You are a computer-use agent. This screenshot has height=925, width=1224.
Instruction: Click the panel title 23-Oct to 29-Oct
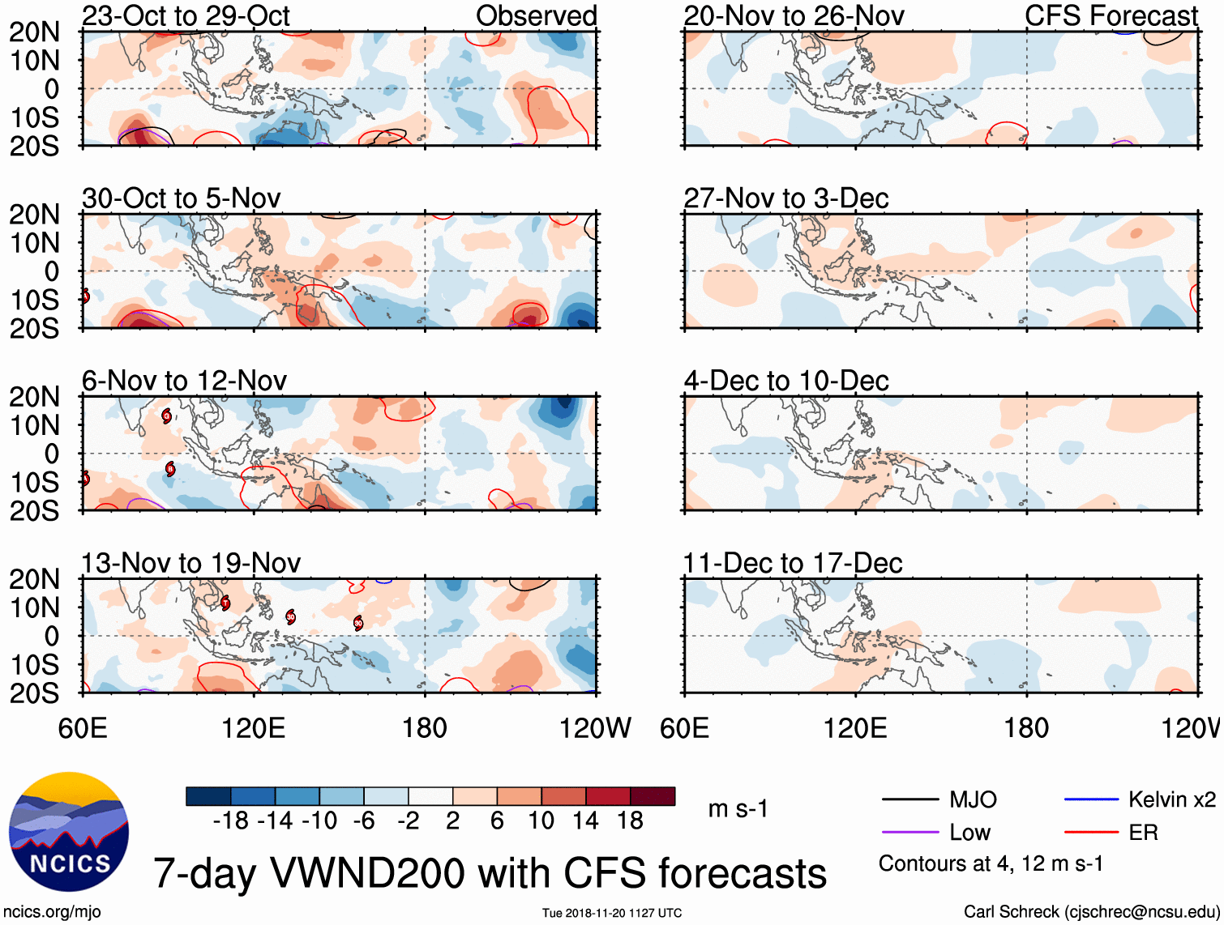186,16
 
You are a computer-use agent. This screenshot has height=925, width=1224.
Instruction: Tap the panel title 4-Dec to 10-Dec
786,381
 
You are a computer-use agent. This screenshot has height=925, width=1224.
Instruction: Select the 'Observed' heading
536,16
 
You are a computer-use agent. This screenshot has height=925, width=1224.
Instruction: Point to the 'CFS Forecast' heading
1111,16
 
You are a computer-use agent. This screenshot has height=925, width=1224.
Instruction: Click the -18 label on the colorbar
231,821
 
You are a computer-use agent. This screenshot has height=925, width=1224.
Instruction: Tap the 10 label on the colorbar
541,821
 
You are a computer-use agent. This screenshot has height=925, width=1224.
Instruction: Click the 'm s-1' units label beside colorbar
738,809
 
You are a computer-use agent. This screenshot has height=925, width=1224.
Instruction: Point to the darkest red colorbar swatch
653,796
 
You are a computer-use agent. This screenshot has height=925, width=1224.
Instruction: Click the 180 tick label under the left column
425,728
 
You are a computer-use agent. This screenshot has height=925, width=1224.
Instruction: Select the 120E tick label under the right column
855,728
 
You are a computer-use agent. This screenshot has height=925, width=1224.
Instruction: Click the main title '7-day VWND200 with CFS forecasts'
490,873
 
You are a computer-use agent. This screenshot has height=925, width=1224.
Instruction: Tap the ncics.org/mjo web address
51,912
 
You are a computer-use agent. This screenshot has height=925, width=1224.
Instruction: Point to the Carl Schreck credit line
1090,912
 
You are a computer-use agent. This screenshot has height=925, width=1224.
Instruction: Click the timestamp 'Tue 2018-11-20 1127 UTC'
612,914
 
